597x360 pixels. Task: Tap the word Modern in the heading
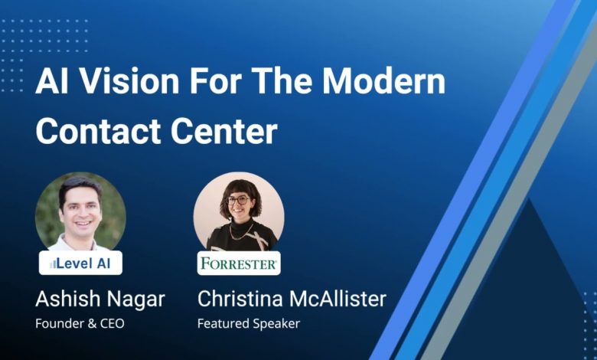pyautogui.click(x=383, y=81)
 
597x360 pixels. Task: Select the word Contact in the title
pyautogui.click(x=99, y=132)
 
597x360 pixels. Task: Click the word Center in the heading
pyautogui.click(x=223, y=132)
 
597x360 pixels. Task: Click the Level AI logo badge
pyautogui.click(x=80, y=263)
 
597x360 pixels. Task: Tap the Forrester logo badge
pyautogui.click(x=239, y=263)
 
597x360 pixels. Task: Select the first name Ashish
pyautogui.click(x=67, y=299)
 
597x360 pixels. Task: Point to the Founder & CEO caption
pyautogui.click(x=80, y=323)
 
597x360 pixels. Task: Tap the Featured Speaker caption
pyautogui.click(x=249, y=324)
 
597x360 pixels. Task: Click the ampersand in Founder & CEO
pyautogui.click(x=92, y=323)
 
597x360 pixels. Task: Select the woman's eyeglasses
pyautogui.click(x=238, y=200)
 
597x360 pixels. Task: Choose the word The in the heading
pyautogui.click(x=282, y=81)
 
